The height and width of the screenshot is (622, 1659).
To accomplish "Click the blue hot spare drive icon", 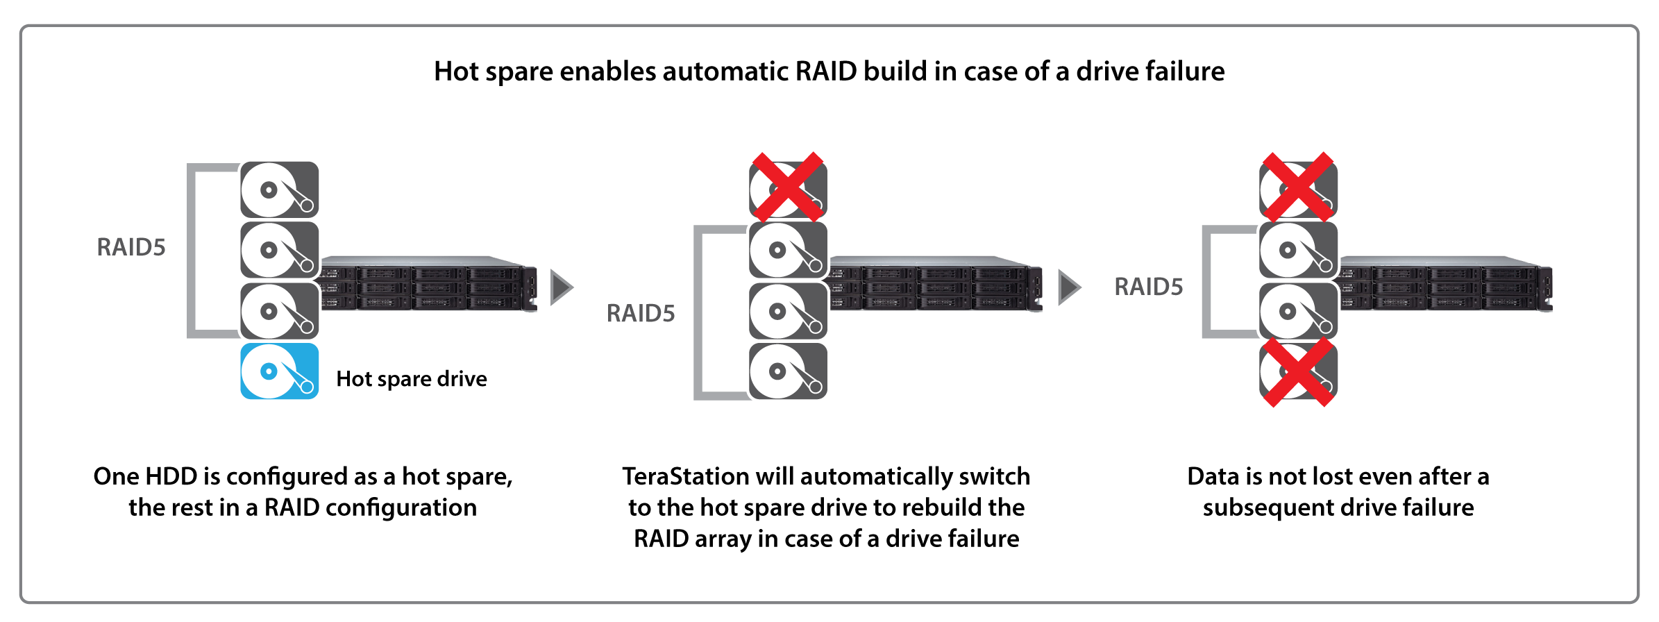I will (280, 371).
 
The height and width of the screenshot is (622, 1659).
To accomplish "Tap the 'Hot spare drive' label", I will (411, 379).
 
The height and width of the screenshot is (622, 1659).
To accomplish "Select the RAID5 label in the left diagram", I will (131, 247).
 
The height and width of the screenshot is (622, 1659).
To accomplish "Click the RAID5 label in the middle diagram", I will (640, 313).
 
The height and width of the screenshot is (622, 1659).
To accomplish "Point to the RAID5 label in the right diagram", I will (1148, 287).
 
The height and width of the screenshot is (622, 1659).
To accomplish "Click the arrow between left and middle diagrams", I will (561, 287).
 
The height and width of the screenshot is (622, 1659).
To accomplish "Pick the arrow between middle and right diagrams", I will (1069, 287).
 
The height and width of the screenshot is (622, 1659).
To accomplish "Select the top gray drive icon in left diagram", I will (280, 190).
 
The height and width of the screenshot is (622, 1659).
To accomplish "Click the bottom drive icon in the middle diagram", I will (788, 371).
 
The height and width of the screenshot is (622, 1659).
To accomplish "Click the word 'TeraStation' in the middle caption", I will (684, 476).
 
